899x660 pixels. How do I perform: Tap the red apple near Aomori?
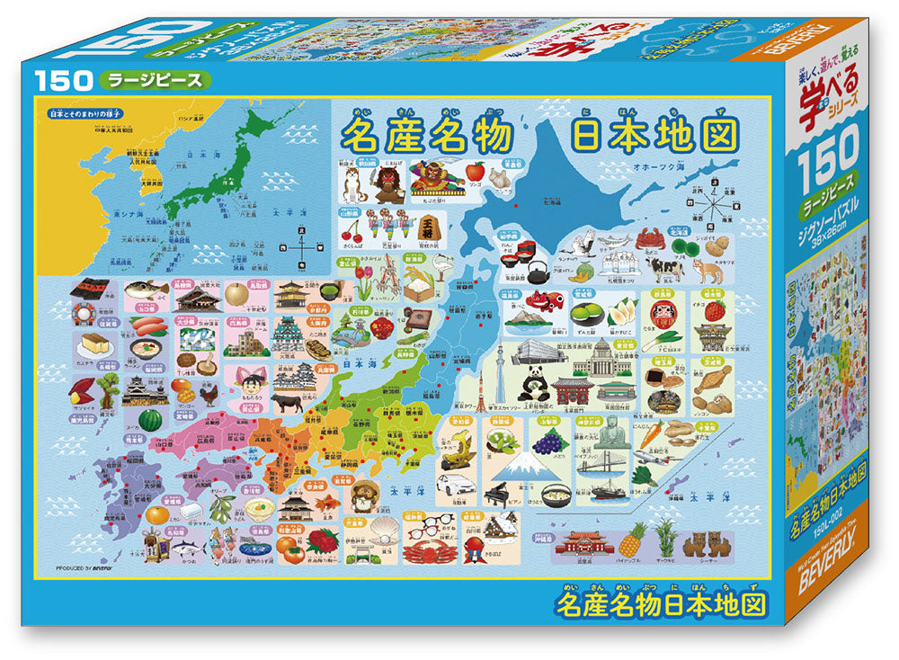click(x=477, y=169)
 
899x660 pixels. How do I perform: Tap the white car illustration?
click(x=453, y=488)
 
